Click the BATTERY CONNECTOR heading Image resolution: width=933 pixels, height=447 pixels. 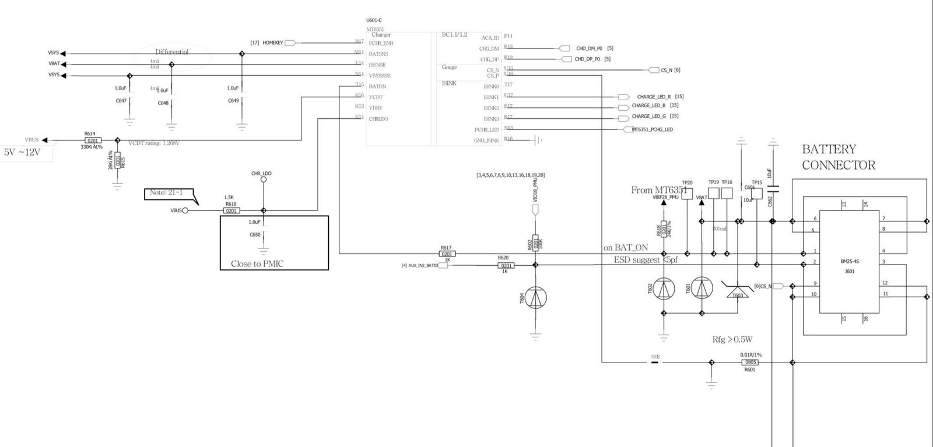pyautogui.click(x=838, y=157)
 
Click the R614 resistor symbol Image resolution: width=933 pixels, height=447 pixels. pyautogui.click(x=93, y=140)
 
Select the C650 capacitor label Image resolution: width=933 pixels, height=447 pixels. pyautogui.click(x=255, y=234)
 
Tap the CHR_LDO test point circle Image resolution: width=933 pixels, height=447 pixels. pyautogui.click(x=263, y=180)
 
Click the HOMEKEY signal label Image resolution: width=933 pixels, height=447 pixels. pyautogui.click(x=272, y=43)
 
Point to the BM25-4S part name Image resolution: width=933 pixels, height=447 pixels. pyautogui.click(x=849, y=262)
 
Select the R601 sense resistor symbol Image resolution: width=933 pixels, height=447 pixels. pyautogui.click(x=750, y=362)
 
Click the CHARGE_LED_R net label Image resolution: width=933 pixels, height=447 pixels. pyautogui.click(x=654, y=97)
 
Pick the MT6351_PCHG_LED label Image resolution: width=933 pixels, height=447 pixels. pyautogui.click(x=652, y=129)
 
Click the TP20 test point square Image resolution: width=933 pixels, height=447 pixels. pyautogui.click(x=688, y=194)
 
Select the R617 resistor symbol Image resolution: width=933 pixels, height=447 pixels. pyautogui.click(x=447, y=254)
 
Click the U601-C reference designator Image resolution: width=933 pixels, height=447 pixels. pyautogui.click(x=374, y=20)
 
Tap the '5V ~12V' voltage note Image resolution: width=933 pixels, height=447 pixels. pyautogui.click(x=23, y=152)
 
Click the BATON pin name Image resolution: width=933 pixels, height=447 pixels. pyautogui.click(x=377, y=86)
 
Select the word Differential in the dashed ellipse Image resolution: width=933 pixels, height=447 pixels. pyautogui.click(x=171, y=52)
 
